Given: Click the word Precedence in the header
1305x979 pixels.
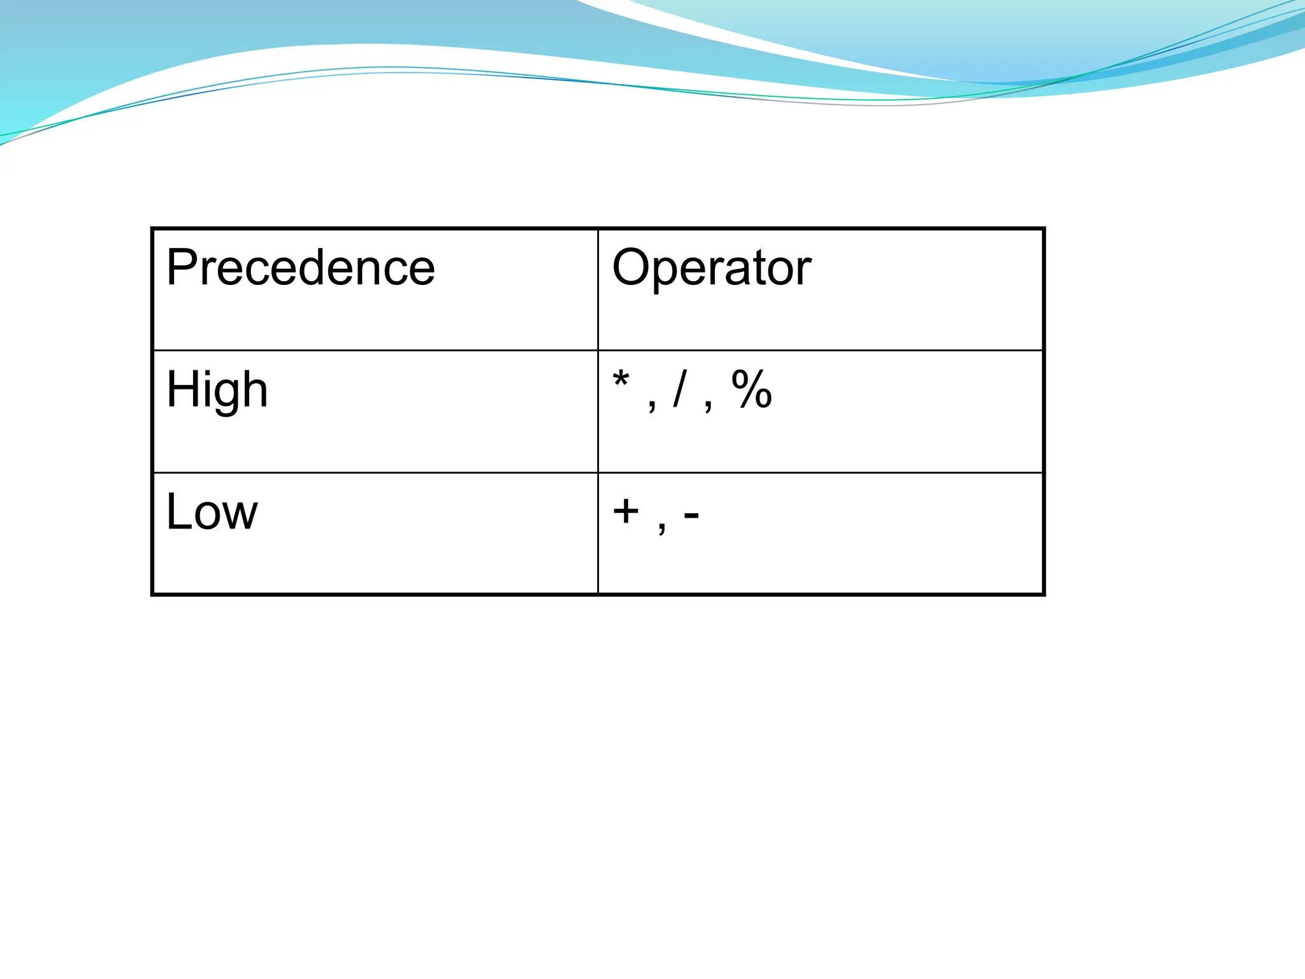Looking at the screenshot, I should (x=300, y=268).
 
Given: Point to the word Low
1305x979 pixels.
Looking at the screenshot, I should (x=212, y=512).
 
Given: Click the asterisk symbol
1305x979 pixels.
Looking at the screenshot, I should (x=621, y=381).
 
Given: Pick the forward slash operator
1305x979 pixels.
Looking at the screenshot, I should (x=681, y=389).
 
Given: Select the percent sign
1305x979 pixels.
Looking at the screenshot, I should (x=752, y=389).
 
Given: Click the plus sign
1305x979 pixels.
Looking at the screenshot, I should (x=626, y=511).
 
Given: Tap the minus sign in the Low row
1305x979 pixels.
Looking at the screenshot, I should (x=691, y=514).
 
